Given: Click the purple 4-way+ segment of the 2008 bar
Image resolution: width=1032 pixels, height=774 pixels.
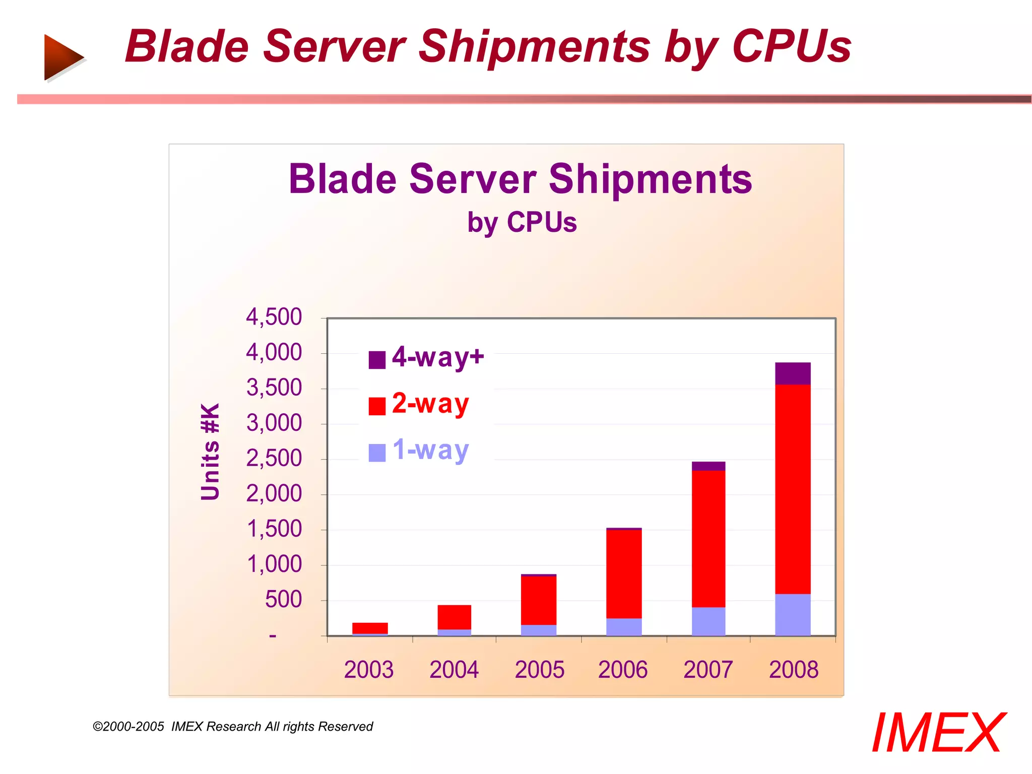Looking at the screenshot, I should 792,373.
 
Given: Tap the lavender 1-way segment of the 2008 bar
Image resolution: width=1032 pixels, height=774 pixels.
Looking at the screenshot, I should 792,614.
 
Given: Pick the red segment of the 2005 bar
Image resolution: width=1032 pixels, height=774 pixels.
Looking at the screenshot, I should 538,600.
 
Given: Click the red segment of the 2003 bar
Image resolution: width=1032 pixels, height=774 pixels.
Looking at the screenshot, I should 370,628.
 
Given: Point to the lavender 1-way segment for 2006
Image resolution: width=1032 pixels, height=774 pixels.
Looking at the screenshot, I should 623,626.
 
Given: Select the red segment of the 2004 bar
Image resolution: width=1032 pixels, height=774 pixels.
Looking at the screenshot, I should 454,617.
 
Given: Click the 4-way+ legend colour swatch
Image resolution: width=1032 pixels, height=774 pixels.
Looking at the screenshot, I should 377,360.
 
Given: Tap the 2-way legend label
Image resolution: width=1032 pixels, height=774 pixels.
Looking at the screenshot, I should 430,404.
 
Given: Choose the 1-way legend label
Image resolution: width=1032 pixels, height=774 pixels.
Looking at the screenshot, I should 430,450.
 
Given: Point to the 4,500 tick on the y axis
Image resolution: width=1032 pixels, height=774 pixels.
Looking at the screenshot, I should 274,317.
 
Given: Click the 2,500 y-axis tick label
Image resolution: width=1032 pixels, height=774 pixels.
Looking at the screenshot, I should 274,459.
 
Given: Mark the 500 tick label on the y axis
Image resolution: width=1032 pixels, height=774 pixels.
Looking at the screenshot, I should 283,600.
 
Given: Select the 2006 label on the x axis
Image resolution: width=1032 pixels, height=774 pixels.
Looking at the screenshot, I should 622,670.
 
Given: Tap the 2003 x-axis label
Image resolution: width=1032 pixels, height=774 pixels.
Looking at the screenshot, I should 368,670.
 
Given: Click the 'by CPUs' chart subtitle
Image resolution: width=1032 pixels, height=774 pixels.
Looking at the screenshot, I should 522,223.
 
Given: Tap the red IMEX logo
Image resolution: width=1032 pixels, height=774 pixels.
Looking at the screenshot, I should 937,733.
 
